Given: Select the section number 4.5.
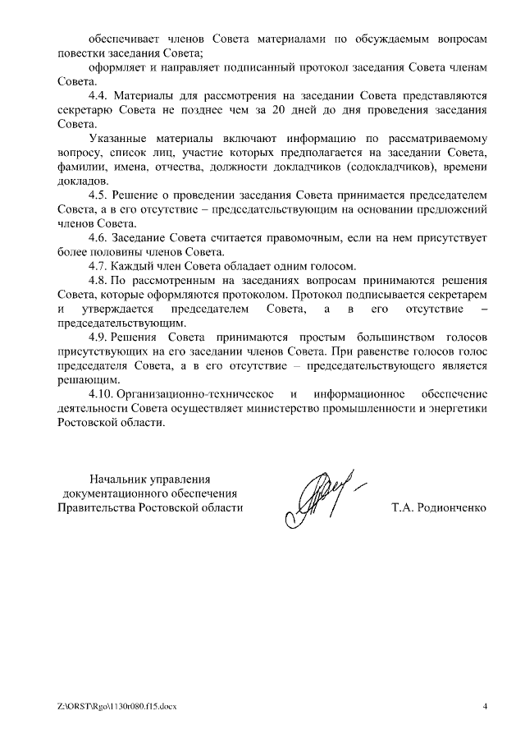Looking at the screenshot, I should pos(98,195).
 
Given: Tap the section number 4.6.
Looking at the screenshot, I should pos(98,238).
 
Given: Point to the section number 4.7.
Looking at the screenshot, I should pos(98,266).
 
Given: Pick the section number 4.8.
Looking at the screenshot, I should pos(98,280).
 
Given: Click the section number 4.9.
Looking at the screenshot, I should pos(98,337).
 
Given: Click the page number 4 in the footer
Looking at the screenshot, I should pos(485,706).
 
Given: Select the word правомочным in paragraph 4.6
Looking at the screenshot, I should pos(286,238).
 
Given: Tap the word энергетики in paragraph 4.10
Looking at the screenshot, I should pos(460,409).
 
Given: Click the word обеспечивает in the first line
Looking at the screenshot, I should pos(124,39).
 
